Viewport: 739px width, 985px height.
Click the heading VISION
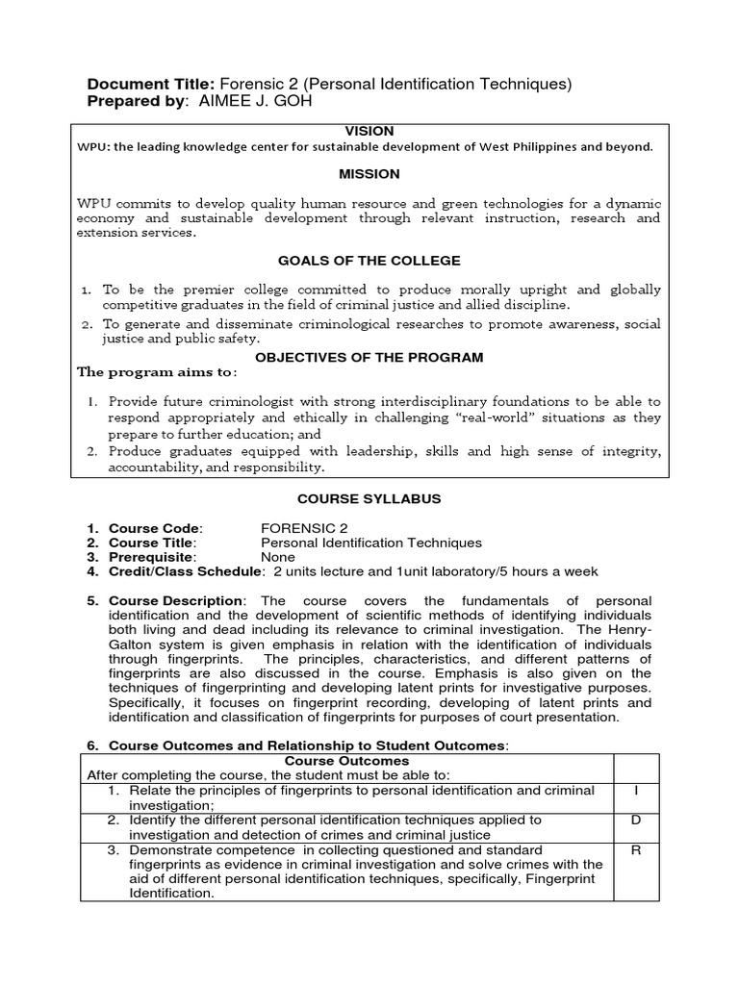pos(369,131)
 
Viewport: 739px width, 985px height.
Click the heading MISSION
pos(369,174)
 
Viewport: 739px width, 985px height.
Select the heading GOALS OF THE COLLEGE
pos(369,261)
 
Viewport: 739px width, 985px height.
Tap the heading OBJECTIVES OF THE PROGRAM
pos(369,357)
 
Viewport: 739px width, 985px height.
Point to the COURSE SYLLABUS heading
pos(369,499)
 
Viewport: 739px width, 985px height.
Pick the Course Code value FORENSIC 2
pos(304,528)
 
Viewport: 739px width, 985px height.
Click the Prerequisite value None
pos(278,557)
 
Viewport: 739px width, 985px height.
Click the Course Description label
pos(177,601)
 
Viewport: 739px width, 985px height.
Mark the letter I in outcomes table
pos(636,791)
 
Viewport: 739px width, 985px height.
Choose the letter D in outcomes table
pos(636,821)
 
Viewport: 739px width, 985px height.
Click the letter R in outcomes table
pos(636,850)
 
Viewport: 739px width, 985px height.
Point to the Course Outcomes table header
pos(347,761)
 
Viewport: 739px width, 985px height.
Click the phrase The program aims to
pos(156,372)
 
